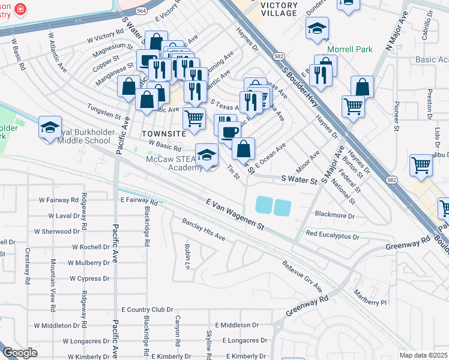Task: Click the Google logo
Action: tap(20, 353)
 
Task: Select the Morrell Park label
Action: tap(349, 50)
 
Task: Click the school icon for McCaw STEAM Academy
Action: tap(207, 155)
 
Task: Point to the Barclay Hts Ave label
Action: tap(203, 230)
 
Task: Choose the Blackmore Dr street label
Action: tap(335, 215)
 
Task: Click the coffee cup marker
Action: tap(229, 132)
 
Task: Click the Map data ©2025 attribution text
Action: tap(423, 355)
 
